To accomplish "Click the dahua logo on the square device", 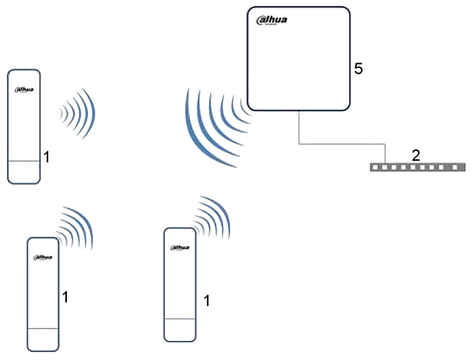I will [x=272, y=20].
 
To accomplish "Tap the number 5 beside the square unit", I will [x=358, y=69].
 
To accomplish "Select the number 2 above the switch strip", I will [x=415, y=155].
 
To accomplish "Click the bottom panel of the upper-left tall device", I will [x=24, y=172].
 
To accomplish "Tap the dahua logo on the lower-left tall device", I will [x=43, y=257].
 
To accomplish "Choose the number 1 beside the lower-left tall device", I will [x=65, y=297].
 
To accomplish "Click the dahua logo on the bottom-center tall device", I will [x=179, y=247].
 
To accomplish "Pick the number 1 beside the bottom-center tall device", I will [x=207, y=300].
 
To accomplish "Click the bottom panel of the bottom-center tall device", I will [x=179, y=329].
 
